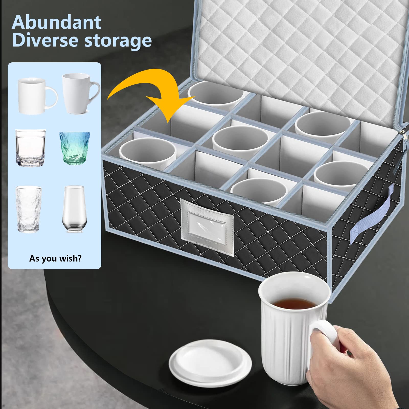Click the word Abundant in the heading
[x=56, y=22]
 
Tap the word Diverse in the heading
[x=45, y=40]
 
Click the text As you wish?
[x=55, y=258]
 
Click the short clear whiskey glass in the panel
[x=31, y=148]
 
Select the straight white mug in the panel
[x=38, y=95]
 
